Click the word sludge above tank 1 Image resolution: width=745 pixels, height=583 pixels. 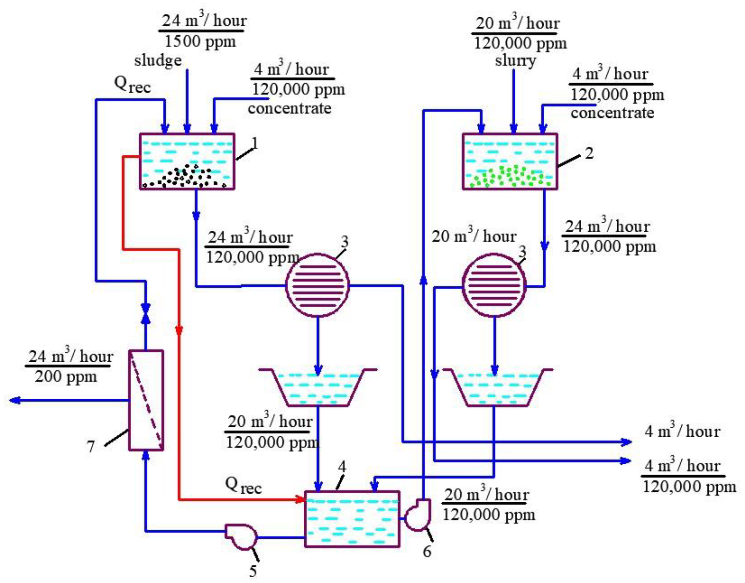pyautogui.click(x=157, y=61)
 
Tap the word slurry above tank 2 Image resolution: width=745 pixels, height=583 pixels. pyautogui.click(x=515, y=61)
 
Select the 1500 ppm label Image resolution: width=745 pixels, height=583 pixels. pyautogui.click(x=200, y=42)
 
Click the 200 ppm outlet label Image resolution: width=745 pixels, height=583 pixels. pyautogui.click(x=66, y=377)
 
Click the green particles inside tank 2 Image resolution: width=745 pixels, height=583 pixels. pyautogui.click(x=510, y=177)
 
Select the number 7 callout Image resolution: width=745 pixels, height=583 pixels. pyautogui.click(x=91, y=446)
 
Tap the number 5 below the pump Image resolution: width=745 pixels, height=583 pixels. pyautogui.click(x=253, y=571)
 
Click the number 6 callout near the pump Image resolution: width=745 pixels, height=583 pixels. pyautogui.click(x=427, y=551)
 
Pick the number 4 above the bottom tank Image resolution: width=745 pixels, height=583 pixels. pyautogui.click(x=342, y=467)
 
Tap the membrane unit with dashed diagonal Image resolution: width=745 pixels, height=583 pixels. pyautogui.click(x=146, y=400)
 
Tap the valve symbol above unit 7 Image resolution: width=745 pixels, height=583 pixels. pyautogui.click(x=146, y=312)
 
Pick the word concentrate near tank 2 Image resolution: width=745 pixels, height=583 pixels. pyautogui.click(x=612, y=113)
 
